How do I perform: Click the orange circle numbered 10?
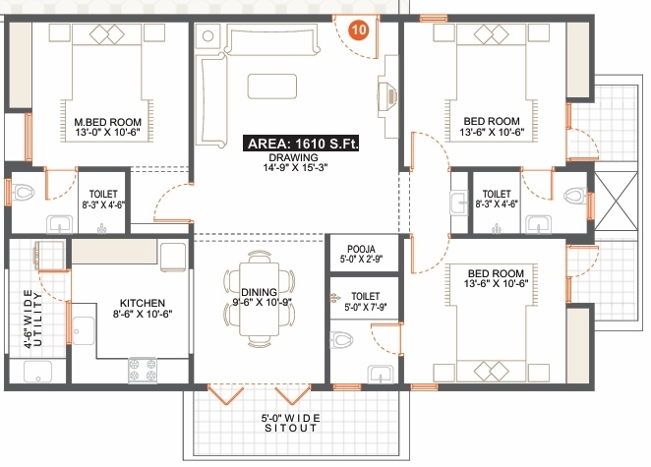(359, 29)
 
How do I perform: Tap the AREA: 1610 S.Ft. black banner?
(302, 144)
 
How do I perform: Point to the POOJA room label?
(357, 250)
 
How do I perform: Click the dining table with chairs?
(261, 292)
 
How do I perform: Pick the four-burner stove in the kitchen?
(142, 372)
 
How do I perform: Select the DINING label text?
(260, 292)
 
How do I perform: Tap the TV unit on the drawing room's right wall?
(385, 97)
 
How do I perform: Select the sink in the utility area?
(38, 372)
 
